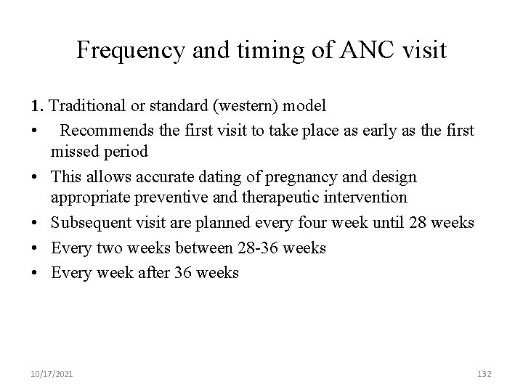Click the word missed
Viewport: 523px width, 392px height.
point(76,152)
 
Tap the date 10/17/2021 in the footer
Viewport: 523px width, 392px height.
point(52,373)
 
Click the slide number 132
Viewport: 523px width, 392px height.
point(485,373)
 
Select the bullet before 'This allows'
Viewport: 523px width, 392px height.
point(36,177)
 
